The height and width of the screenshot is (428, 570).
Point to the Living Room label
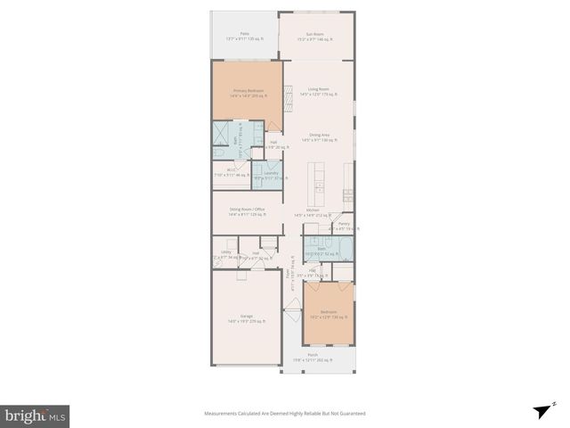pyautogui.click(x=319, y=90)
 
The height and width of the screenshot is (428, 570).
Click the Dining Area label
pyautogui.click(x=319, y=136)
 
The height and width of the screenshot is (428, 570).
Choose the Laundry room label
pyautogui.click(x=271, y=173)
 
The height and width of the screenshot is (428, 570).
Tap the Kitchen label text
pyautogui.click(x=313, y=210)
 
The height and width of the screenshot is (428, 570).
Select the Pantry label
pyautogui.click(x=344, y=225)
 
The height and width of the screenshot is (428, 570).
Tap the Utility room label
pyautogui.click(x=226, y=253)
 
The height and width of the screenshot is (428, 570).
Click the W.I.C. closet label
pyautogui.click(x=231, y=171)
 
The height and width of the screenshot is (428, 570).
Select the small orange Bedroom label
pyautogui.click(x=330, y=313)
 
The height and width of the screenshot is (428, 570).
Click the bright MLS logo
pyautogui.click(x=36, y=416)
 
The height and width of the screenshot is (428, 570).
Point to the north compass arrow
pyautogui.click(x=540, y=412)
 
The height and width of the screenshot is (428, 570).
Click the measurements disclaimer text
pyautogui.click(x=284, y=414)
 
